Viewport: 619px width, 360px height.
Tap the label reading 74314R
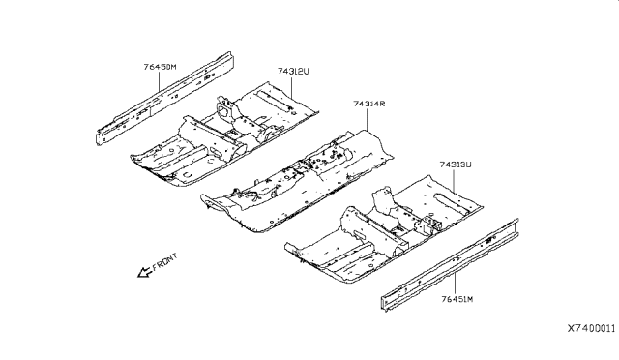pyautogui.click(x=369, y=103)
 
